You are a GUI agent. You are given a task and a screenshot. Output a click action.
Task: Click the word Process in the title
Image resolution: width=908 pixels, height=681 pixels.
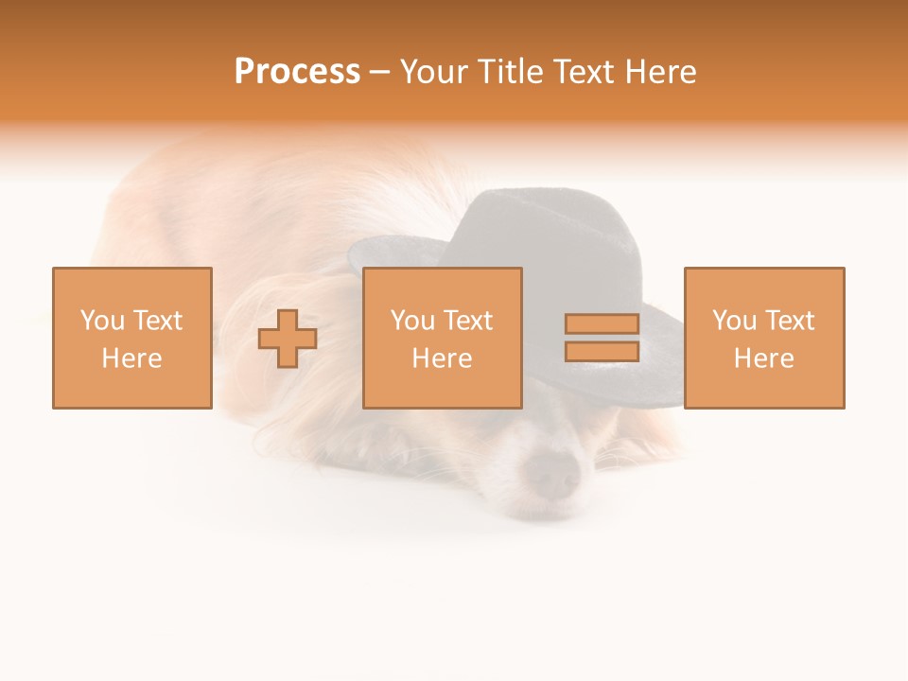coord(297,72)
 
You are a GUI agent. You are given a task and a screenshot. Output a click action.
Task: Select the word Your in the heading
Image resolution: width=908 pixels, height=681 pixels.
coord(434,72)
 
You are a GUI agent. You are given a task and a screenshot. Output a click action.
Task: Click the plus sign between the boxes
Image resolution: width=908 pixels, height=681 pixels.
coord(288,338)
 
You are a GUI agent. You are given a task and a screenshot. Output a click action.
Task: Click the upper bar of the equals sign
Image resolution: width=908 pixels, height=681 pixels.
coord(602,323)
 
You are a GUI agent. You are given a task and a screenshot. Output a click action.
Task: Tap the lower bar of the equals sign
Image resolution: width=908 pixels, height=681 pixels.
coord(602,351)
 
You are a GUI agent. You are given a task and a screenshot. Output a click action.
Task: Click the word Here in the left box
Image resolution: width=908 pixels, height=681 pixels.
coord(131,358)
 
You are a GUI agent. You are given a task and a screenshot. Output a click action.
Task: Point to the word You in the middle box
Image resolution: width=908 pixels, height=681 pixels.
coord(411,321)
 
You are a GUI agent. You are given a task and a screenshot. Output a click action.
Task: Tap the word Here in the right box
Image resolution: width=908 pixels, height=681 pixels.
coord(763,358)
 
